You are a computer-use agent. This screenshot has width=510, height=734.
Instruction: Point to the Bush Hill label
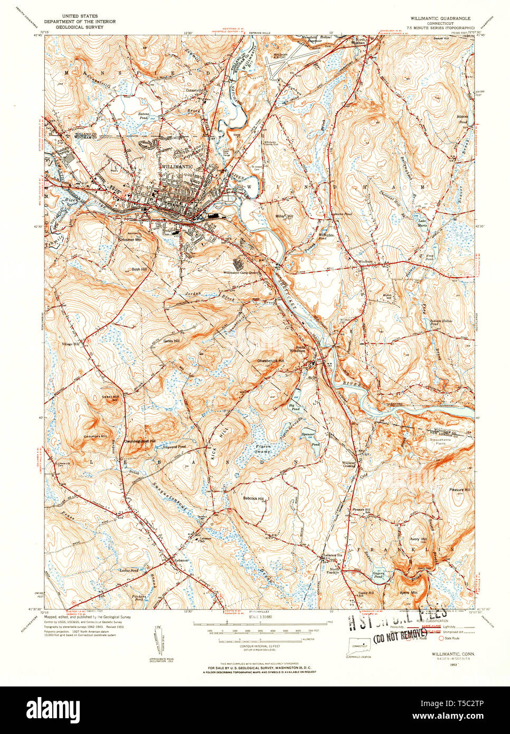[x=139, y=269]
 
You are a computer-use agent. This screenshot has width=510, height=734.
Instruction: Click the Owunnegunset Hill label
[x=139, y=440]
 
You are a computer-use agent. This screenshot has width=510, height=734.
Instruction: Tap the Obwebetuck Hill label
[x=270, y=361]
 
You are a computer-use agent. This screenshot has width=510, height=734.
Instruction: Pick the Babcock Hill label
[x=253, y=498]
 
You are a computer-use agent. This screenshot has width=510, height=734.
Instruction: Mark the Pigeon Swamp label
[x=263, y=449]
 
